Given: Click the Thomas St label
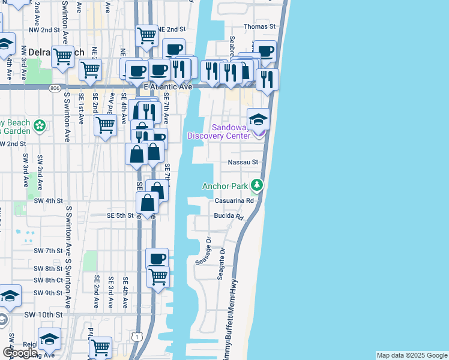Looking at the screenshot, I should (259, 26).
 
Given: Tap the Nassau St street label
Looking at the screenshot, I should (243, 162).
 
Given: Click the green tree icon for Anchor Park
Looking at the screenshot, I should (257, 185).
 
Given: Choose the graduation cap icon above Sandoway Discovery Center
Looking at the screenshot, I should (259, 119).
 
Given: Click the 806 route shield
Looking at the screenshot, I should (55, 88).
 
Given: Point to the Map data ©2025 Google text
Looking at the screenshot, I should (412, 355).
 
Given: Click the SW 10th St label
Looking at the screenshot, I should (43, 314).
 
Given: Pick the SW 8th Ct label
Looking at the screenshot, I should (49, 280).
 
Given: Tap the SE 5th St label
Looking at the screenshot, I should (119, 215).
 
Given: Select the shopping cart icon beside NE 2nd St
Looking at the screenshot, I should (146, 36).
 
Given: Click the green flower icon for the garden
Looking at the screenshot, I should (40, 126).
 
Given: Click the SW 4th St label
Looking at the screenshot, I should (48, 200).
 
